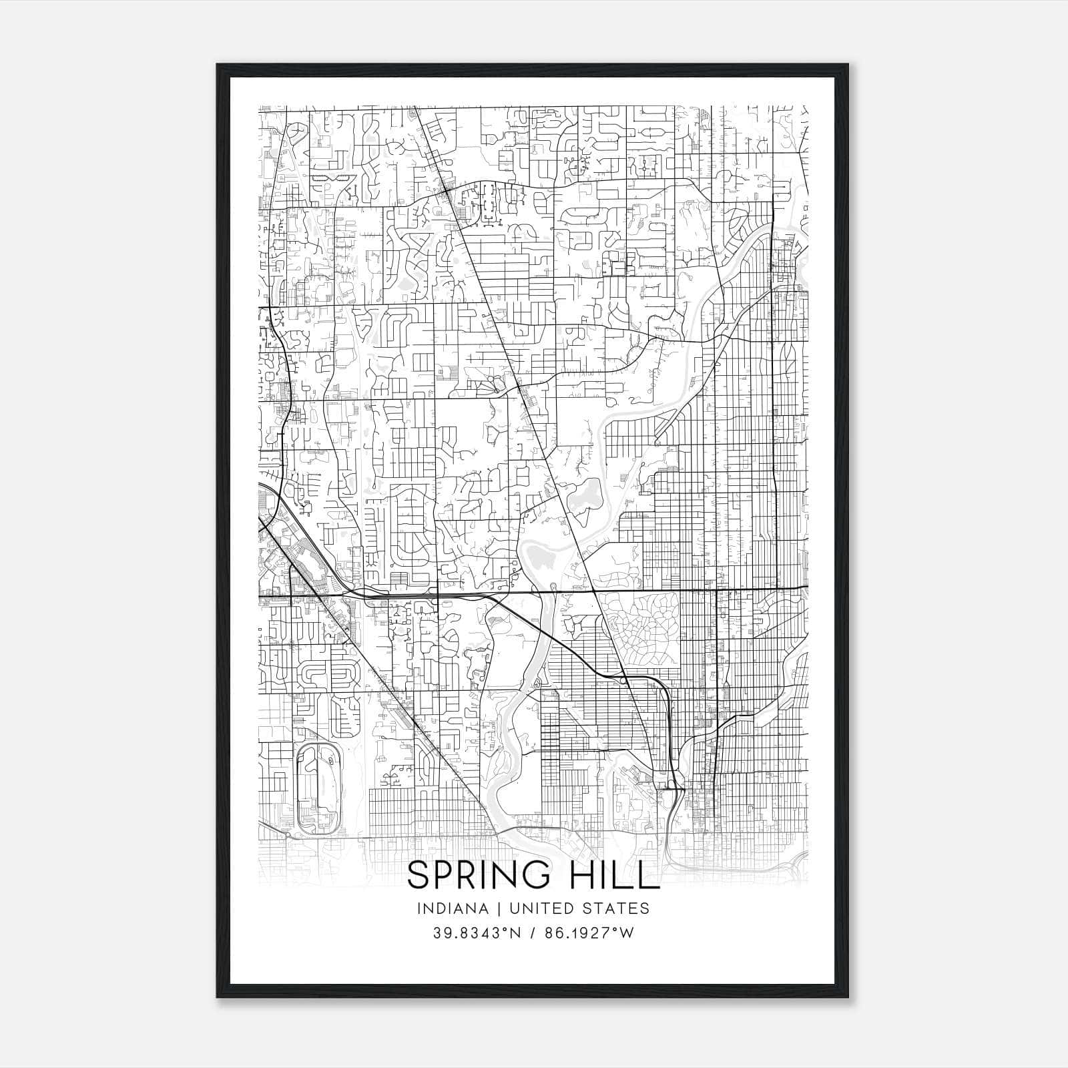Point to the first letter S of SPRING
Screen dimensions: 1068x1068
point(419,876)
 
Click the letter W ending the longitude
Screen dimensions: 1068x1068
point(625,933)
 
